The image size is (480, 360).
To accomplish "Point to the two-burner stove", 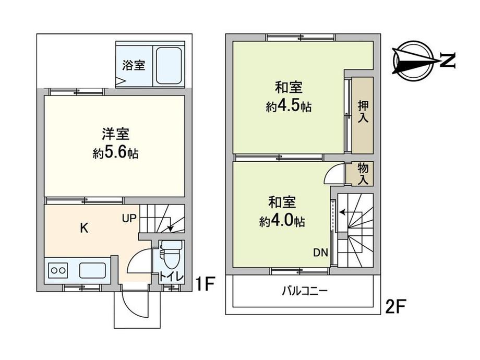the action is coord(58,271).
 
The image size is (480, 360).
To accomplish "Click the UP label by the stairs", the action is coord(130,218).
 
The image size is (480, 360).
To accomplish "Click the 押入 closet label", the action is coord(363,111).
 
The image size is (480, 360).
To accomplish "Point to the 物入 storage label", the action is coord(363,173).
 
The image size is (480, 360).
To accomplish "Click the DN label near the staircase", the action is coord(320,253).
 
